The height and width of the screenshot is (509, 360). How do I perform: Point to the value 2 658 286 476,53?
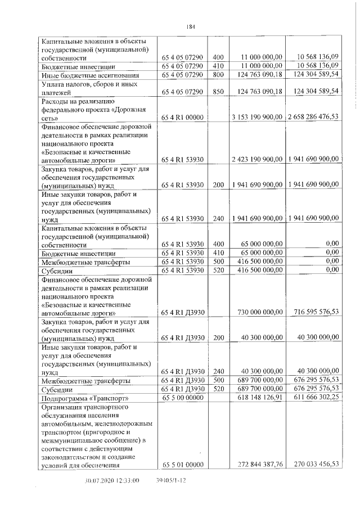[313, 117]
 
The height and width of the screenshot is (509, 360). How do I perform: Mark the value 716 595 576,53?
[313, 312]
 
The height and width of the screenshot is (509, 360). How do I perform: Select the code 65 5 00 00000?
[183, 397]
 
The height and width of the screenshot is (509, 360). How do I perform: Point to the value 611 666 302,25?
[313, 397]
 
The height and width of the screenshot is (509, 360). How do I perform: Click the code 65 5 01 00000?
[183, 464]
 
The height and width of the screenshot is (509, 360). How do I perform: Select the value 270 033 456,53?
[313, 464]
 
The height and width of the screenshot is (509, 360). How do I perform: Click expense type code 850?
[218, 91]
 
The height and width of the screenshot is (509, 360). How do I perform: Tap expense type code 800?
[218, 74]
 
